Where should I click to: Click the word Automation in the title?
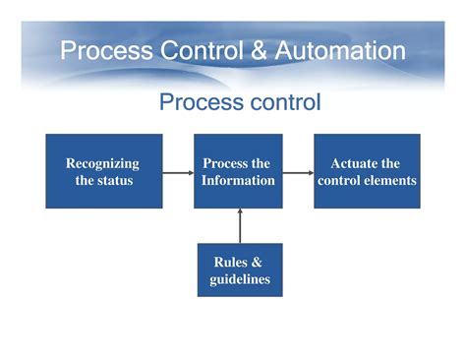(x=340, y=50)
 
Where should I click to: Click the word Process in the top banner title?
(x=101, y=50)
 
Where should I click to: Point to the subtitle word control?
(x=278, y=101)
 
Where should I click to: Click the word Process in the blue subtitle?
(x=195, y=101)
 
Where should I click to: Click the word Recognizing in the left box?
(x=102, y=163)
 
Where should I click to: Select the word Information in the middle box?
(x=238, y=180)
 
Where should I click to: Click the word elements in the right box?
(x=388, y=180)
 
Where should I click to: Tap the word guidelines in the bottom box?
(x=239, y=279)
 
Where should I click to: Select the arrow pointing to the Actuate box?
(x=298, y=172)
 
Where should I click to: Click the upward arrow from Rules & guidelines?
(x=239, y=225)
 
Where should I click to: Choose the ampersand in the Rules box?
(x=257, y=262)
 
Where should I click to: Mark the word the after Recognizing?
(x=85, y=180)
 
